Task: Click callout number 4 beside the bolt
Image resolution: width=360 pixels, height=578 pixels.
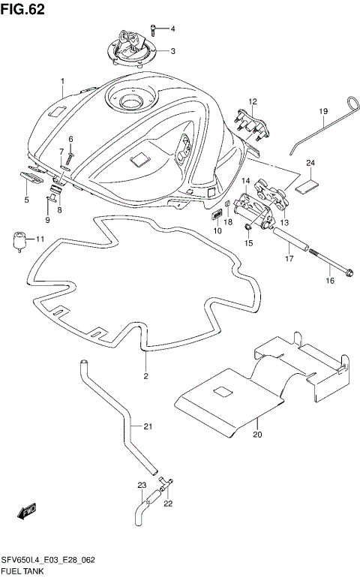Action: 172,29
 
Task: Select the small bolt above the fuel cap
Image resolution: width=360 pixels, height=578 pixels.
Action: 154,29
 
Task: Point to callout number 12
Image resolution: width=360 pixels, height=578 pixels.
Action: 253,101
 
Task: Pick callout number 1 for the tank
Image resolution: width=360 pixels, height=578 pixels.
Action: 63,81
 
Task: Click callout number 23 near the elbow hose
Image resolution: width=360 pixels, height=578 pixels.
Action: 140,486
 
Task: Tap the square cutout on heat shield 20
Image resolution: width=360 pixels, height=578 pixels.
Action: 223,392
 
